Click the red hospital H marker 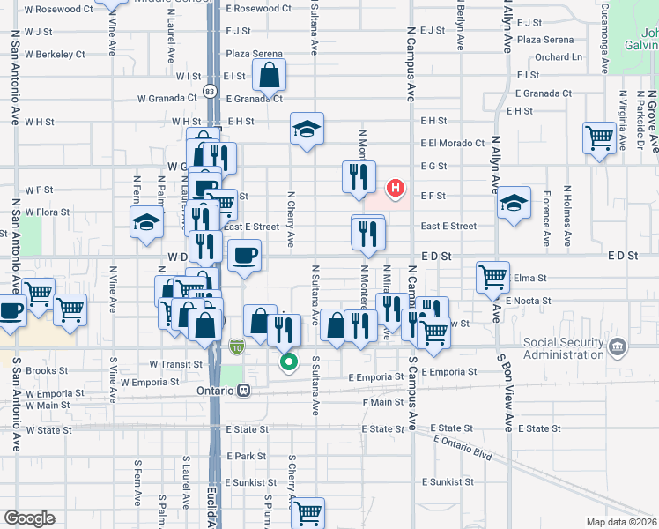(396, 188)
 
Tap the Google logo (28, 518)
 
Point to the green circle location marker (288, 361)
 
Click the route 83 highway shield (209, 92)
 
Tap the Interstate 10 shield (237, 348)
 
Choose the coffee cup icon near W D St (244, 256)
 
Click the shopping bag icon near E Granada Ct (270, 76)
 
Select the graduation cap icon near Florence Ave (514, 204)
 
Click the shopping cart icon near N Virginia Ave (599, 138)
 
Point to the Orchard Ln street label (559, 57)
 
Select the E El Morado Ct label (453, 143)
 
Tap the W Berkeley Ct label (55, 54)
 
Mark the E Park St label (246, 456)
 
